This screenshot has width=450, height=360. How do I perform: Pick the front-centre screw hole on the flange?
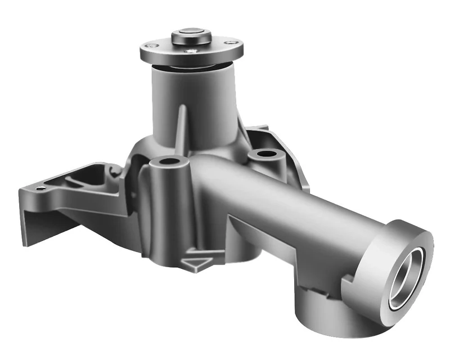[x=193, y=52]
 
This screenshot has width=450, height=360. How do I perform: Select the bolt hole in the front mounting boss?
[x=168, y=162]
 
